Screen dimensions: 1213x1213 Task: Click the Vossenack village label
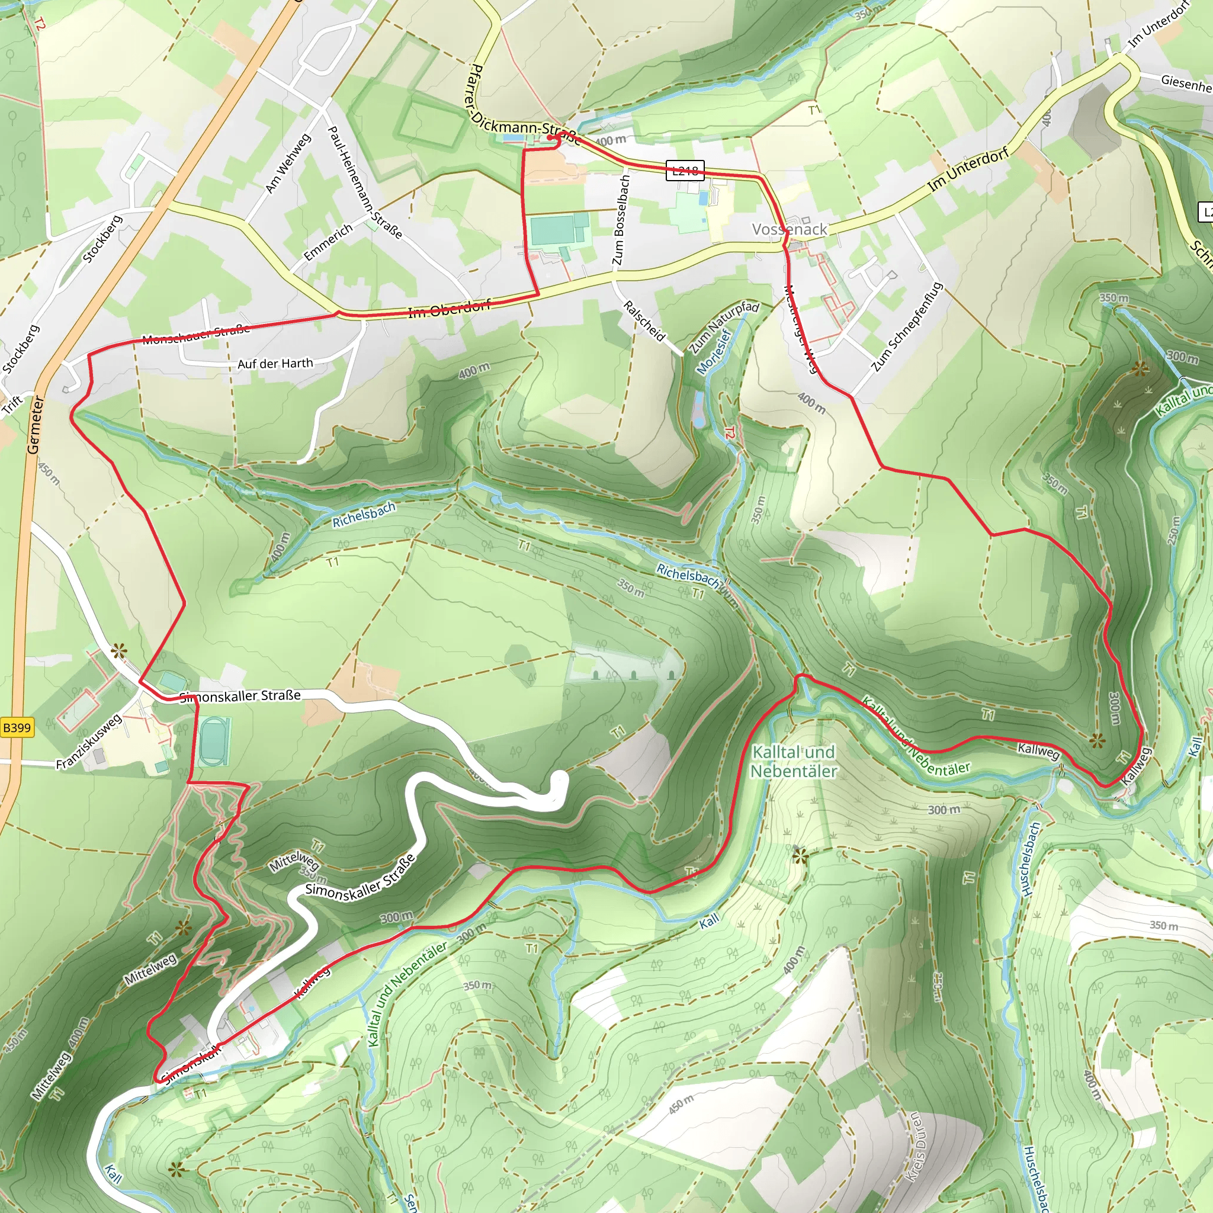tap(790, 229)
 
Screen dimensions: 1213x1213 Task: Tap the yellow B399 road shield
tap(17, 728)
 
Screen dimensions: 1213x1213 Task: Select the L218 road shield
tap(685, 170)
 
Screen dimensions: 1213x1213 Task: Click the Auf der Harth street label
tap(275, 364)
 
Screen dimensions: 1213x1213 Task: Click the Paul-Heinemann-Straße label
tap(365, 182)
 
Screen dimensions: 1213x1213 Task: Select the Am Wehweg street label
tap(288, 163)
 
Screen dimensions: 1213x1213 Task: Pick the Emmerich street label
tap(328, 242)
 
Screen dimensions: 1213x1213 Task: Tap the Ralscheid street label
tap(644, 321)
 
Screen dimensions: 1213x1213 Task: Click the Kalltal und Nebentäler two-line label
tap(794, 762)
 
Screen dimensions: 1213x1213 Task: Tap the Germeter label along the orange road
tap(35, 425)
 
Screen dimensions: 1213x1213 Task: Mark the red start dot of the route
tap(550, 137)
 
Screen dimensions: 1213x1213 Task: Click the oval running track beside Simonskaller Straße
tap(214, 742)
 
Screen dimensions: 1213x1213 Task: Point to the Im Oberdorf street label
tap(449, 310)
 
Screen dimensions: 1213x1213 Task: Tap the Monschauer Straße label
tap(196, 335)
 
